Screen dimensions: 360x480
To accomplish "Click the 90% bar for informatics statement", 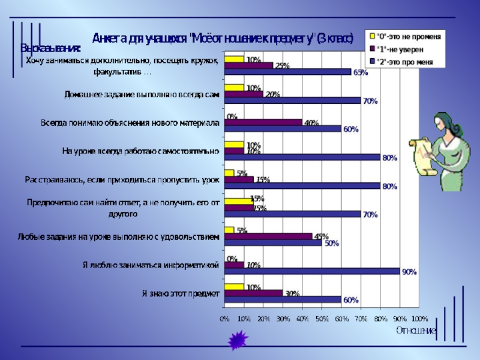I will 312,271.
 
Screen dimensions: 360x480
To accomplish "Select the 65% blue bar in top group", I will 287,72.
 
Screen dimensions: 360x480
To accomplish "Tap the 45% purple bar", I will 268,236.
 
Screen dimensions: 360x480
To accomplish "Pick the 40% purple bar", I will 263,122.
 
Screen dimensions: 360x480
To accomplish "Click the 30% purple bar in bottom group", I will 253,293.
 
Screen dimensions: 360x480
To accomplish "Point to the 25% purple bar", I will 248,65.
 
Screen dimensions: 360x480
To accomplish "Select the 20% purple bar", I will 244,94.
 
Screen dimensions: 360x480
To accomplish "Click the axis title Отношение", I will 416,330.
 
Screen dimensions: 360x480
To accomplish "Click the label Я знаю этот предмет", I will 180,293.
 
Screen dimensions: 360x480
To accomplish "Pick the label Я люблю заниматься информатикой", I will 151,265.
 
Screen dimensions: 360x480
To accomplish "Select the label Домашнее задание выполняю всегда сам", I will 142,94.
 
